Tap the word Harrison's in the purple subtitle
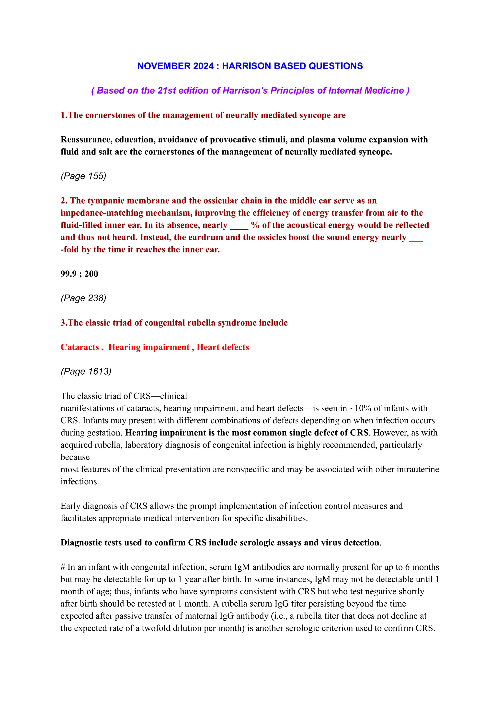245,90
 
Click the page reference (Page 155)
83,176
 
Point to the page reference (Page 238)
83,298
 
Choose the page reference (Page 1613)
86,371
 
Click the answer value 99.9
68,274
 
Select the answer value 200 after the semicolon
91,274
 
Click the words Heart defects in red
223,347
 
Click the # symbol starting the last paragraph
63,567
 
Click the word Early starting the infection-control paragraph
70,506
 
